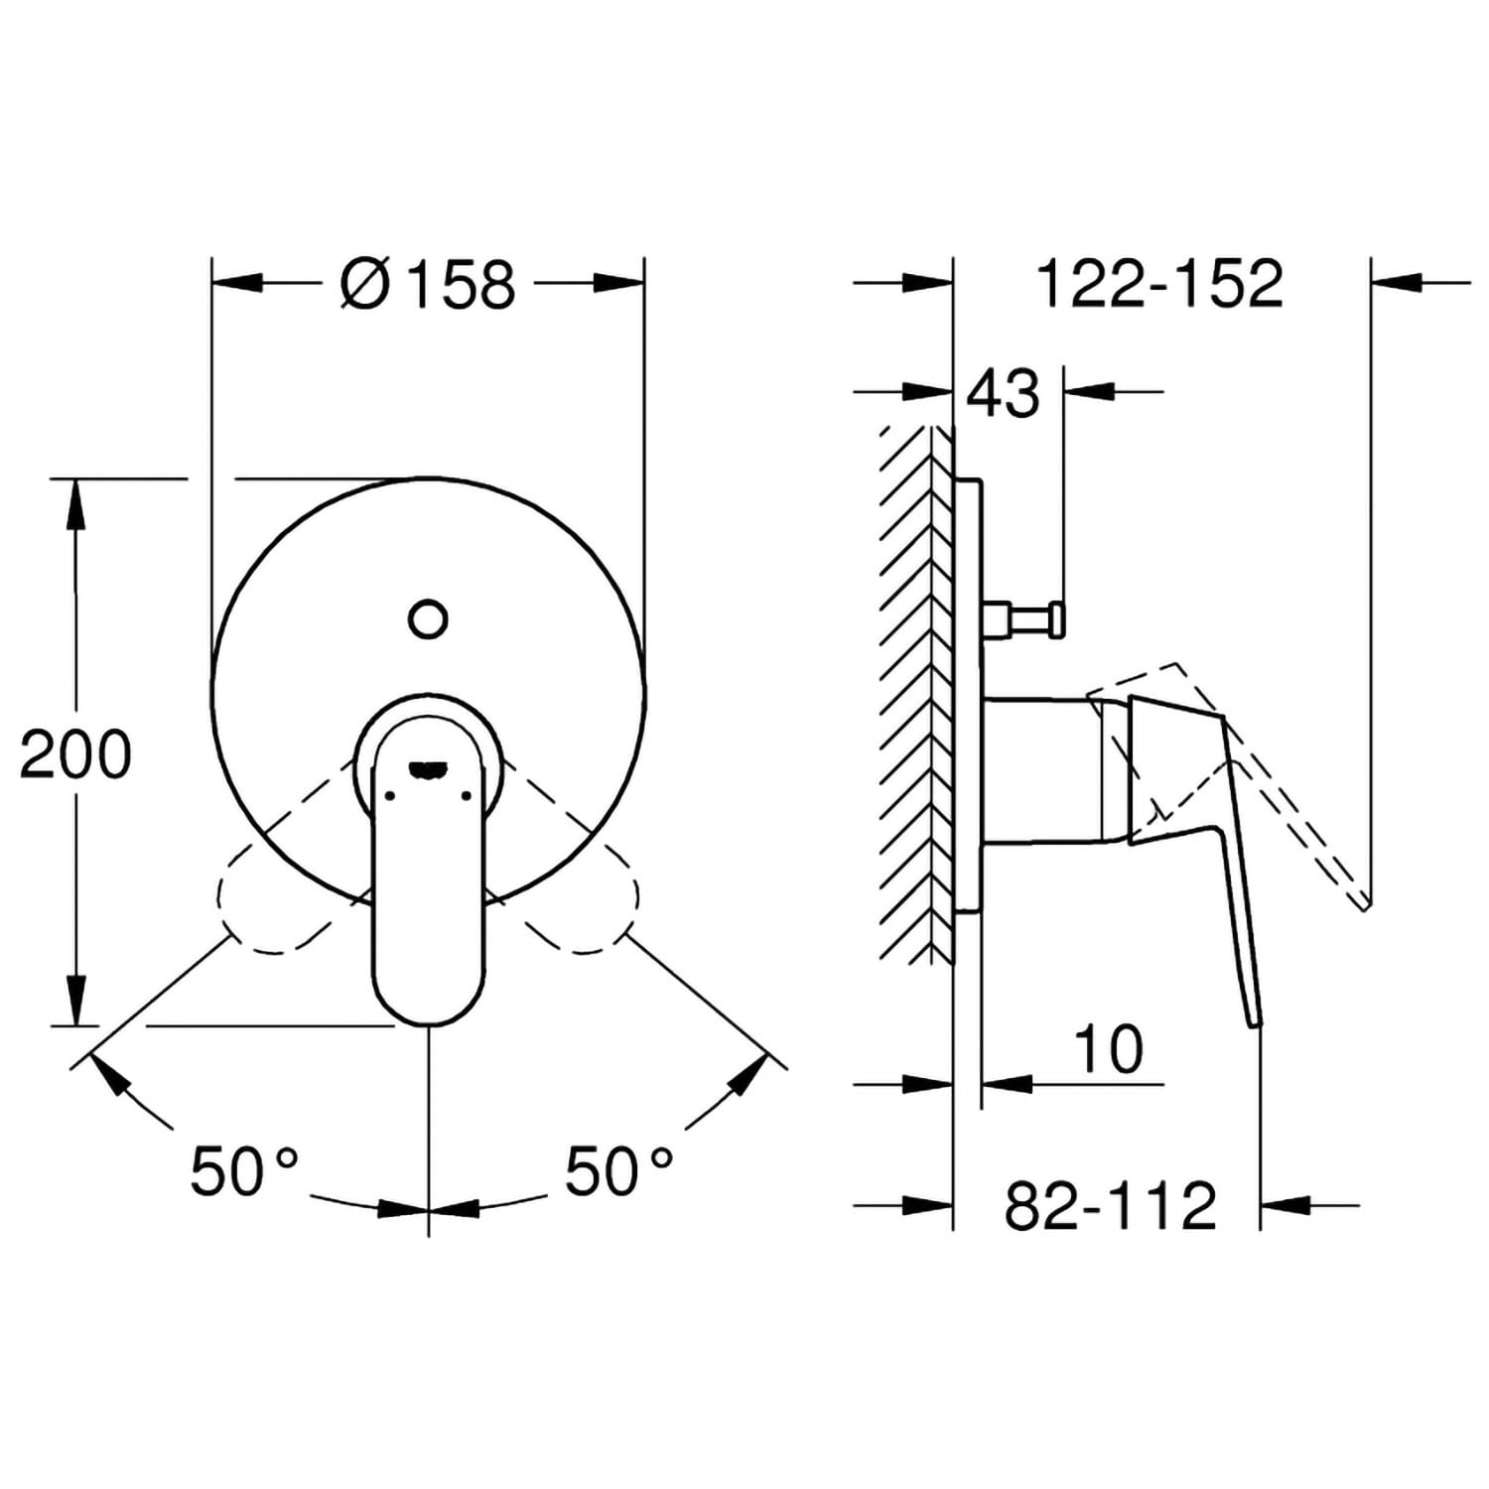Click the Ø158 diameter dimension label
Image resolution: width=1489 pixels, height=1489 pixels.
tap(428, 284)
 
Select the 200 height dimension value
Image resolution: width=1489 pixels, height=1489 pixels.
tap(76, 754)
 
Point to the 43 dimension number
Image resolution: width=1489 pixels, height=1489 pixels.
tap(1004, 393)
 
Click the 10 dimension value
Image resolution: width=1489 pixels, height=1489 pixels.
tap(1108, 1049)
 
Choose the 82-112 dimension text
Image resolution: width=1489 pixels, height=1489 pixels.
tap(1110, 1205)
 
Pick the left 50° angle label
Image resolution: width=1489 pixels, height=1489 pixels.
tap(244, 1170)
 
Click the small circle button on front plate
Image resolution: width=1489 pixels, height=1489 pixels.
tap(428, 618)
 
